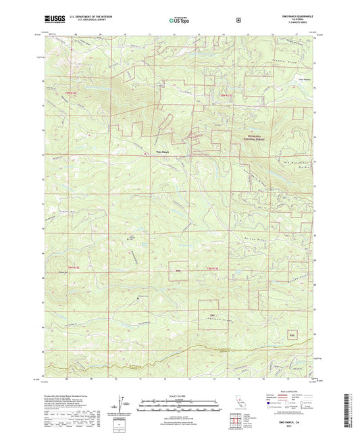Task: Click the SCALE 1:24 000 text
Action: pyautogui.click(x=179, y=394)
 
